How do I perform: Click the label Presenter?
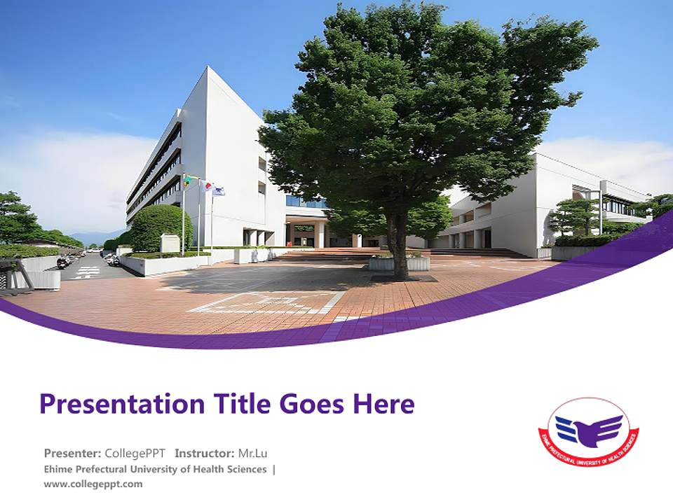tap(72, 453)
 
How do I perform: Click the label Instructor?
tap(204, 453)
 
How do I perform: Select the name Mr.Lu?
tap(252, 453)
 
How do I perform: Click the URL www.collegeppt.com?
tap(93, 484)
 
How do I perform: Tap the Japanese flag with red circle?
tap(206, 186)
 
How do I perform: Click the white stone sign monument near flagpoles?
tap(170, 243)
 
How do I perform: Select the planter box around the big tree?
tap(399, 263)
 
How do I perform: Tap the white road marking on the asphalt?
tap(87, 272)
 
